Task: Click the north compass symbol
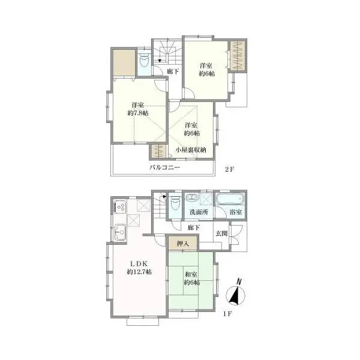point(236,293)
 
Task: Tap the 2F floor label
point(229,169)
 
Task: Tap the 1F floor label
point(227,314)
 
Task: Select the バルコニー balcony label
point(164,167)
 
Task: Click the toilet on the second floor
point(145,61)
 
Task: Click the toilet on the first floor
point(175,203)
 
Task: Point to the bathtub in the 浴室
point(230,199)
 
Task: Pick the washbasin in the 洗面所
point(192,197)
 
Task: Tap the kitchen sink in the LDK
point(121,232)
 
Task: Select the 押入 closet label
point(183,244)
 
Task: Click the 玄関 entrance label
point(221,233)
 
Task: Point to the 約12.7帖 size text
point(139,272)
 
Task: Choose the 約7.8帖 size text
point(138,113)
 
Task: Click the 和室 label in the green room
point(191,274)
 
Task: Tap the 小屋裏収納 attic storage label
point(191,150)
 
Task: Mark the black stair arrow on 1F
point(164,197)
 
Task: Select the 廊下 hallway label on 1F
point(194,227)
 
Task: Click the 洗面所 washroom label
point(199,212)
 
